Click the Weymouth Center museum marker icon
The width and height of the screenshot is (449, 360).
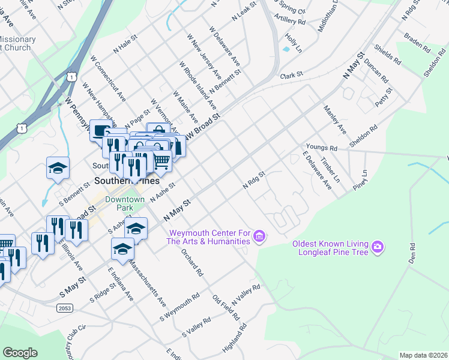click(259, 236)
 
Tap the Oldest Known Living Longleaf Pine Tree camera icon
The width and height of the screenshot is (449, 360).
click(378, 247)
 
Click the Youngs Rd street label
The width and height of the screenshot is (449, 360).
click(322, 146)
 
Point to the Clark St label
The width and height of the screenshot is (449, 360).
click(291, 76)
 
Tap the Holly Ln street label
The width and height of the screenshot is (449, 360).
click(293, 41)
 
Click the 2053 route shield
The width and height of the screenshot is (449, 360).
click(66, 308)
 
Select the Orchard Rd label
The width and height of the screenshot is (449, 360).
click(192, 262)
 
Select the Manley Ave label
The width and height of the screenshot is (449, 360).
click(335, 119)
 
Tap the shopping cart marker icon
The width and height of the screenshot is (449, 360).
click(161, 160)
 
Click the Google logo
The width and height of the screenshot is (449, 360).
click(20, 353)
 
